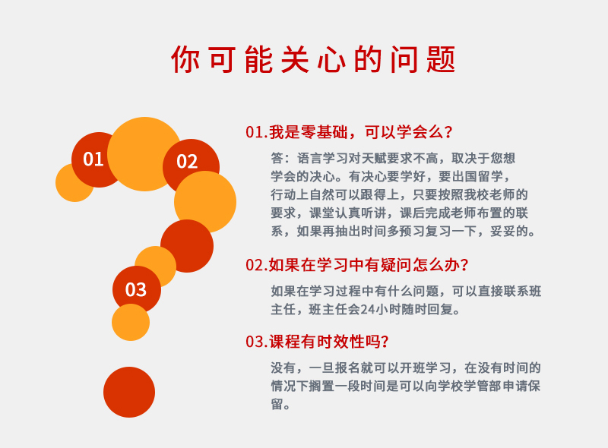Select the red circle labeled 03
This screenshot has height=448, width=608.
pyautogui.click(x=136, y=290)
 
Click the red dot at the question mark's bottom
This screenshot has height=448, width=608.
pyautogui.click(x=129, y=392)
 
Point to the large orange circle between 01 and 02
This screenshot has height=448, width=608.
pyautogui.click(x=144, y=154)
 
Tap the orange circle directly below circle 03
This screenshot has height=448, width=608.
pyautogui.click(x=131, y=323)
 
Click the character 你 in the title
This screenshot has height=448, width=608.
pyautogui.click(x=185, y=59)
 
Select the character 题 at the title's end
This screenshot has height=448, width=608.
pyautogui.click(x=441, y=59)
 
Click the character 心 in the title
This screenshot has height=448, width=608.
pyautogui.click(x=331, y=59)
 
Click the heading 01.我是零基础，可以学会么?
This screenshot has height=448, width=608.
pyautogui.click(x=349, y=132)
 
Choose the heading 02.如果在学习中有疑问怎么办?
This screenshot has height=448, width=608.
pyautogui.click(x=357, y=265)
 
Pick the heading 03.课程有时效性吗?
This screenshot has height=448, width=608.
pyautogui.click(x=317, y=342)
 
